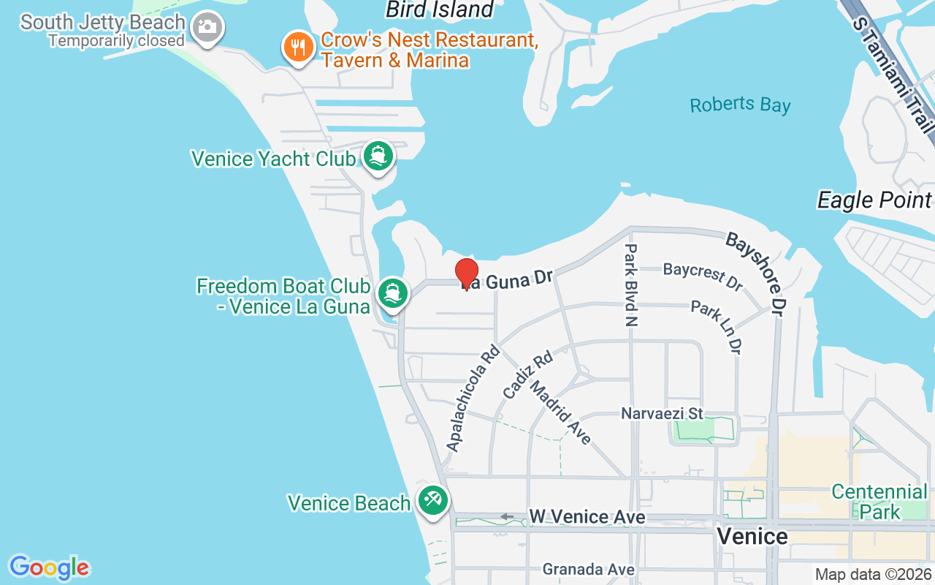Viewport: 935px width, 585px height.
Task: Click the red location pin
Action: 467,273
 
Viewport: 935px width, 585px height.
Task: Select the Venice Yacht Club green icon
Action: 378,155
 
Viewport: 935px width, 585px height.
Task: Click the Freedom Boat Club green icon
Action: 393,292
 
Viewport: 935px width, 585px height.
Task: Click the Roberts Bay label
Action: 740,105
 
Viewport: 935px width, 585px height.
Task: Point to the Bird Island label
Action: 440,10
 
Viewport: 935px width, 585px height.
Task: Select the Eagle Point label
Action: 874,200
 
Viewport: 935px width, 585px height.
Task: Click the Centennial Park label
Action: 879,501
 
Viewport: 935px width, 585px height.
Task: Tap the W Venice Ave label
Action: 587,517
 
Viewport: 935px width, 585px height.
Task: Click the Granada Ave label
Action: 588,569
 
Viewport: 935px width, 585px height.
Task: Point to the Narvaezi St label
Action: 662,413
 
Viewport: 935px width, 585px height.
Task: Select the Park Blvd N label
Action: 630,285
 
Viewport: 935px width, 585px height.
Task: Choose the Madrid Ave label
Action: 560,411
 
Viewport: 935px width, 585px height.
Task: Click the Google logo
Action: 50,567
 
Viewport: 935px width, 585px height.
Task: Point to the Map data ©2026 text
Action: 874,575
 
